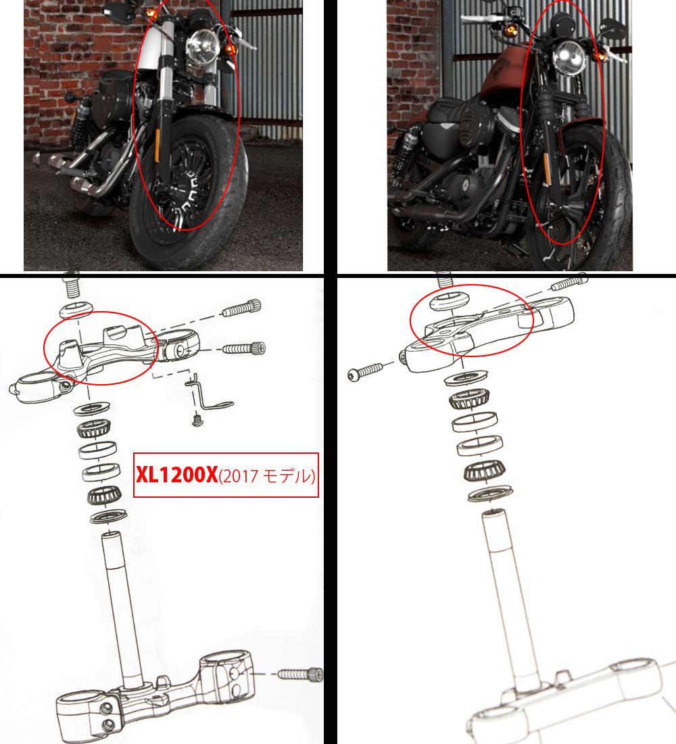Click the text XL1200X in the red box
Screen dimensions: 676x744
click(176, 475)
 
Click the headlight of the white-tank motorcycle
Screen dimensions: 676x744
click(203, 47)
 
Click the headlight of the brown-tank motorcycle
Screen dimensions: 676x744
click(569, 58)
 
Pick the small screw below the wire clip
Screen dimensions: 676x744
click(197, 420)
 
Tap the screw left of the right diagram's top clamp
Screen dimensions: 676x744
click(366, 371)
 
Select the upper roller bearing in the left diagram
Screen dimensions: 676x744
click(93, 429)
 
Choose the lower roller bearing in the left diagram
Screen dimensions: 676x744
click(104, 496)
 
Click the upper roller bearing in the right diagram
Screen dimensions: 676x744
click(469, 399)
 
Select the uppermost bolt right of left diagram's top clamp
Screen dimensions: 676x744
click(242, 308)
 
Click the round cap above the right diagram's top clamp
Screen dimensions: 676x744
click(449, 301)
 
